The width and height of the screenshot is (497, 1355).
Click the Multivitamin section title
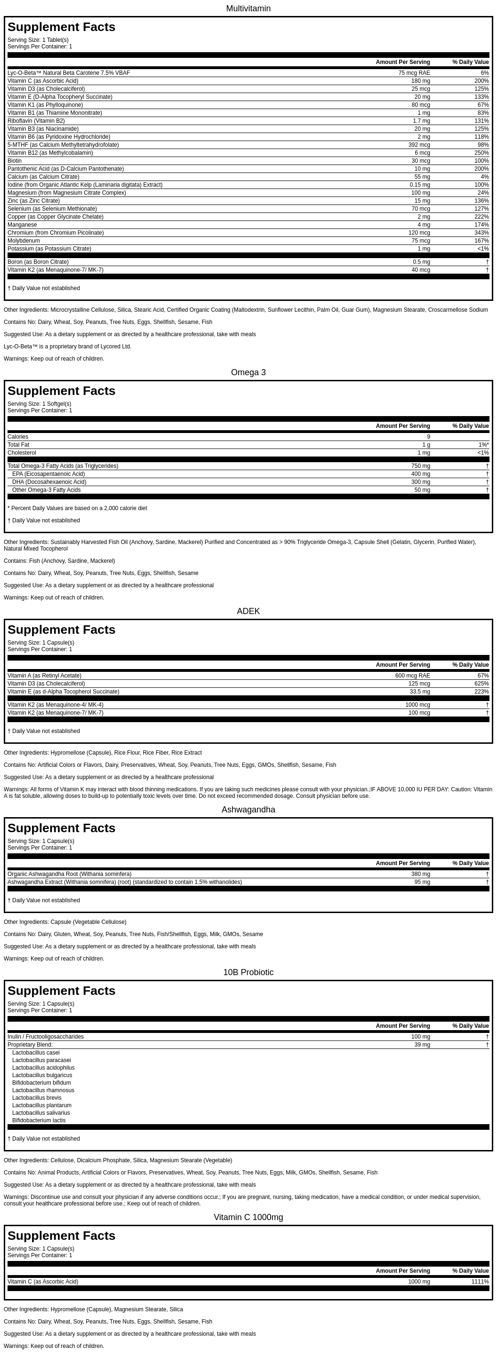coord(248,8)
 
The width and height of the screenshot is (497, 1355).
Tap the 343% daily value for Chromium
coord(481,233)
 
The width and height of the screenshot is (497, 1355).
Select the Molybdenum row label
coord(24,240)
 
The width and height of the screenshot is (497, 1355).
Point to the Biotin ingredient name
coord(15,160)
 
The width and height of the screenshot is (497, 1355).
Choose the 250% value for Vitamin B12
coord(481,152)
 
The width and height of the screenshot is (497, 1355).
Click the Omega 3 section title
coord(248,372)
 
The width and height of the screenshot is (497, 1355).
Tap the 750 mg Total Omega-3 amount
coord(420,466)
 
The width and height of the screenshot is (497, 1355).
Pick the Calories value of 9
coord(428,437)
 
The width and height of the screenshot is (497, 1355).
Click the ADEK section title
coord(248,611)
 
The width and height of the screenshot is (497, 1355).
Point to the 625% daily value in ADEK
coord(481,683)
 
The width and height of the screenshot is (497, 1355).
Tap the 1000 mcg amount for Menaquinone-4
coord(417,704)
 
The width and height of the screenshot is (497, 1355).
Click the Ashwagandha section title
coord(248,810)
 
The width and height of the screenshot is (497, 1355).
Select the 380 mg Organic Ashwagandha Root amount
coord(420,874)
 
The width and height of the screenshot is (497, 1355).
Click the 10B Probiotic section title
coord(248,972)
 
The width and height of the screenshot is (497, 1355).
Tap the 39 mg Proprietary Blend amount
coord(422,1044)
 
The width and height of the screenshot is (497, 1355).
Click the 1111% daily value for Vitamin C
coord(480,1281)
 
